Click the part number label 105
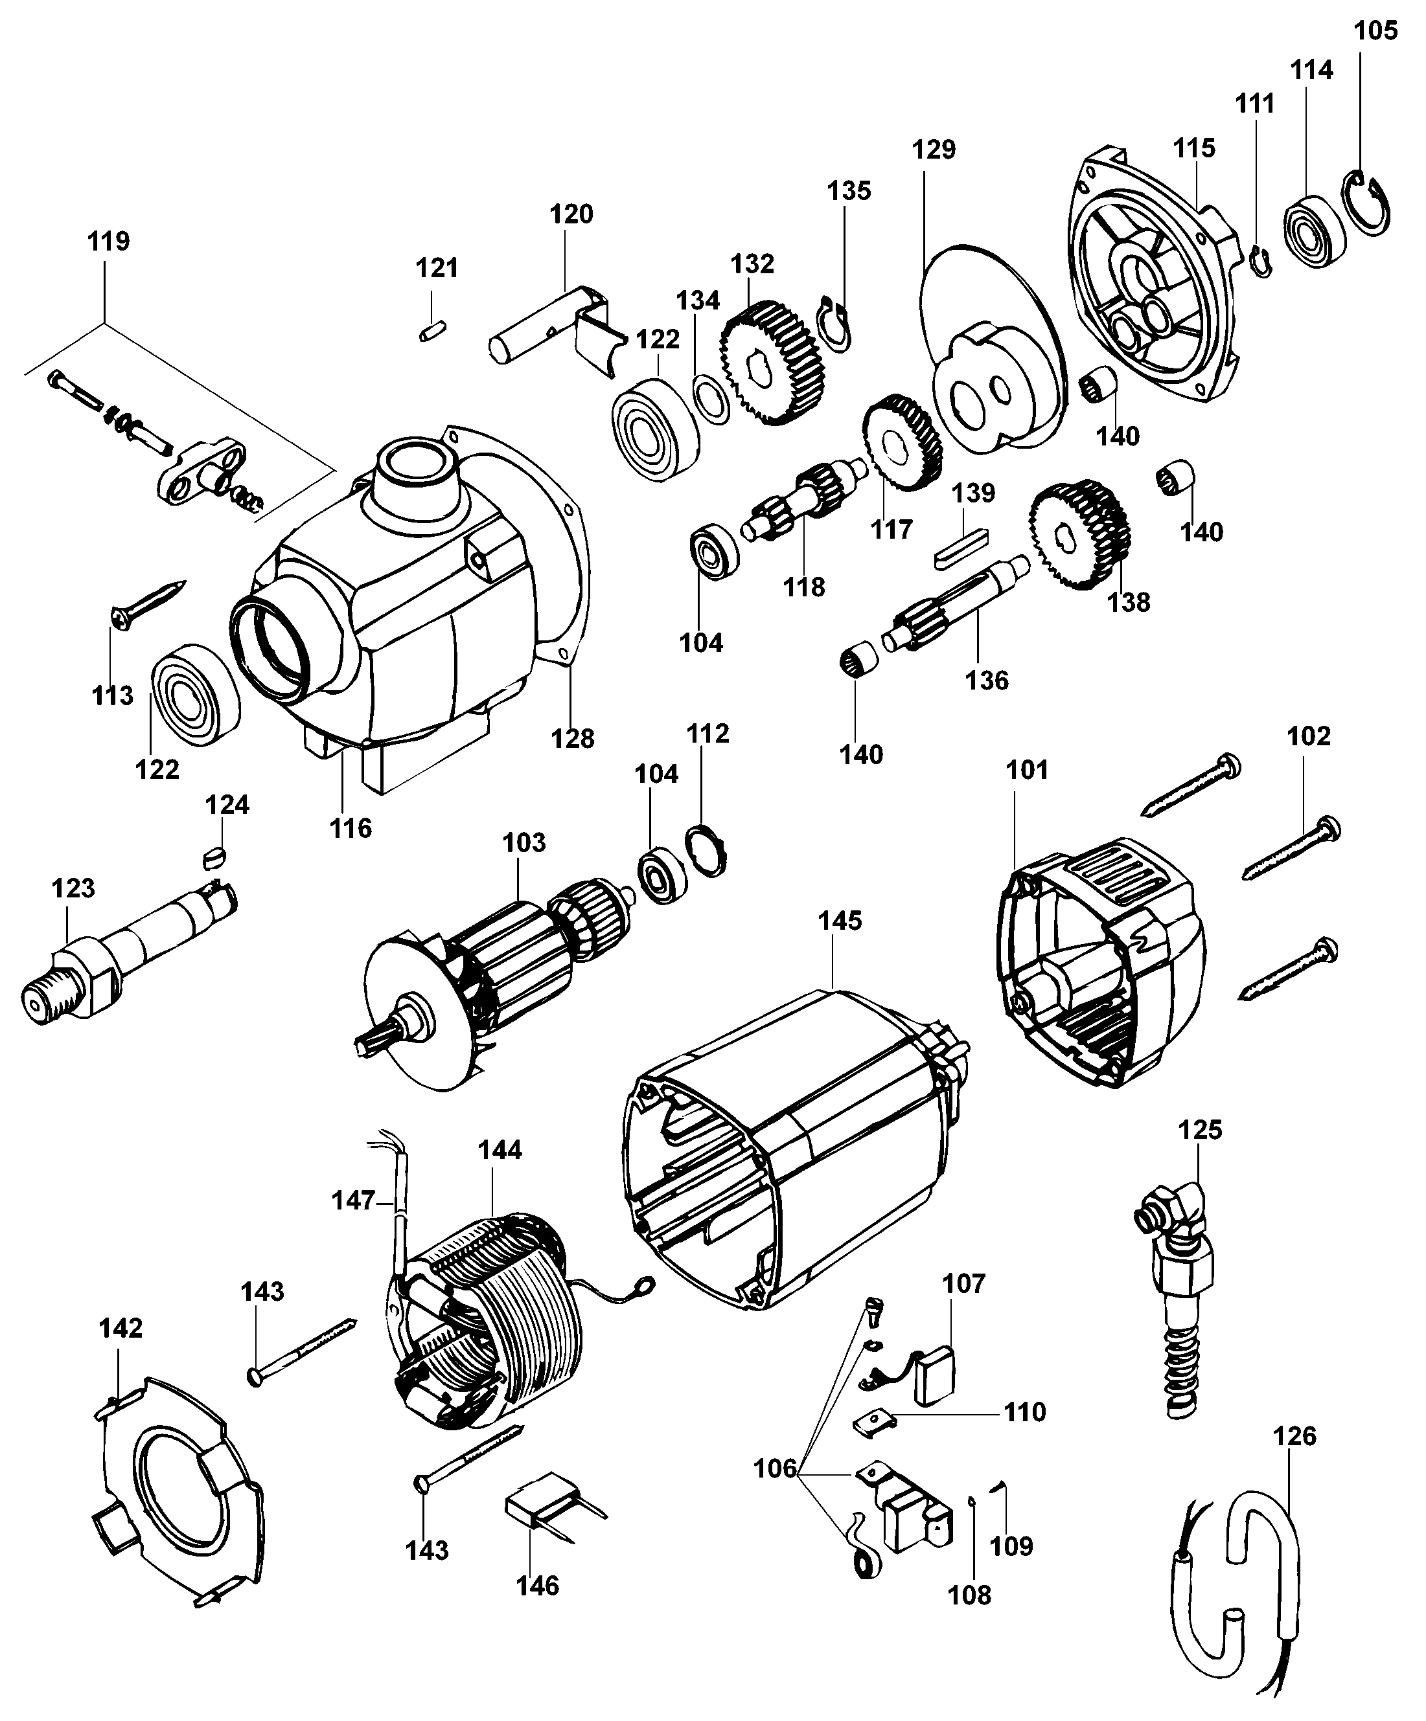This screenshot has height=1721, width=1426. pos(1375,31)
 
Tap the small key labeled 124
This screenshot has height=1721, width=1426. pos(213,857)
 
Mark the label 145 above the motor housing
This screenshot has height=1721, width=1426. pos(840,921)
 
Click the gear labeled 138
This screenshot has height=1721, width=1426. pos(1077,534)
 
